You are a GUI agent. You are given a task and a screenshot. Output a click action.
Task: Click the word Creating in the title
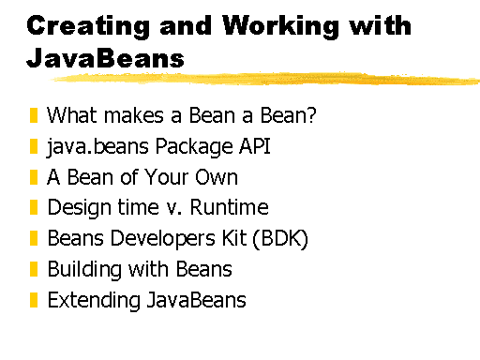click(88, 26)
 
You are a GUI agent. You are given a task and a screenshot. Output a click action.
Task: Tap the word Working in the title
click(281, 26)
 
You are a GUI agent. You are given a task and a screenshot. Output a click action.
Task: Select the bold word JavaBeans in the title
click(106, 58)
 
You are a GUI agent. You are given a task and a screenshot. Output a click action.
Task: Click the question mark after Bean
click(311, 114)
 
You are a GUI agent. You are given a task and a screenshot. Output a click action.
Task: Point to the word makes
click(134, 115)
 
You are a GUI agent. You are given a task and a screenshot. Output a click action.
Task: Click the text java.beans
click(97, 147)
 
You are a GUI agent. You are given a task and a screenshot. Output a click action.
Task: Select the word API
click(255, 145)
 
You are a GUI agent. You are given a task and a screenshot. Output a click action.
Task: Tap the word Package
click(194, 147)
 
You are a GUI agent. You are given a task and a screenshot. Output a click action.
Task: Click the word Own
click(217, 177)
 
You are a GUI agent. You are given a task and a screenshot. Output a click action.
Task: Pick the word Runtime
click(229, 207)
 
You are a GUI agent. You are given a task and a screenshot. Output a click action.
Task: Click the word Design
click(80, 208)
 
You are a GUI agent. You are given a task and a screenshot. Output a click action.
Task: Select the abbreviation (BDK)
click(280, 239)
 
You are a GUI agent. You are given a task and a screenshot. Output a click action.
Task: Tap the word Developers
click(163, 239)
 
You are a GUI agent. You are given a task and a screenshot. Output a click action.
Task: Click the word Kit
click(234, 238)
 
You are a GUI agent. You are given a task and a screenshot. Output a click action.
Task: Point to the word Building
click(84, 270)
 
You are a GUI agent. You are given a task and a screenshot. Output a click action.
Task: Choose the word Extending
click(94, 301)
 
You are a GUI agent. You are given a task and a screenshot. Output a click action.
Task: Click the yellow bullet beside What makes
click(34, 115)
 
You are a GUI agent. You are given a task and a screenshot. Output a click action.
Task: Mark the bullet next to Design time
click(34, 207)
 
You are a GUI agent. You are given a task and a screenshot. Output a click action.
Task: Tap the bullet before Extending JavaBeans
click(34, 300)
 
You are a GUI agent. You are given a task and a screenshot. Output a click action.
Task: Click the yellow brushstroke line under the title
click(265, 79)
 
